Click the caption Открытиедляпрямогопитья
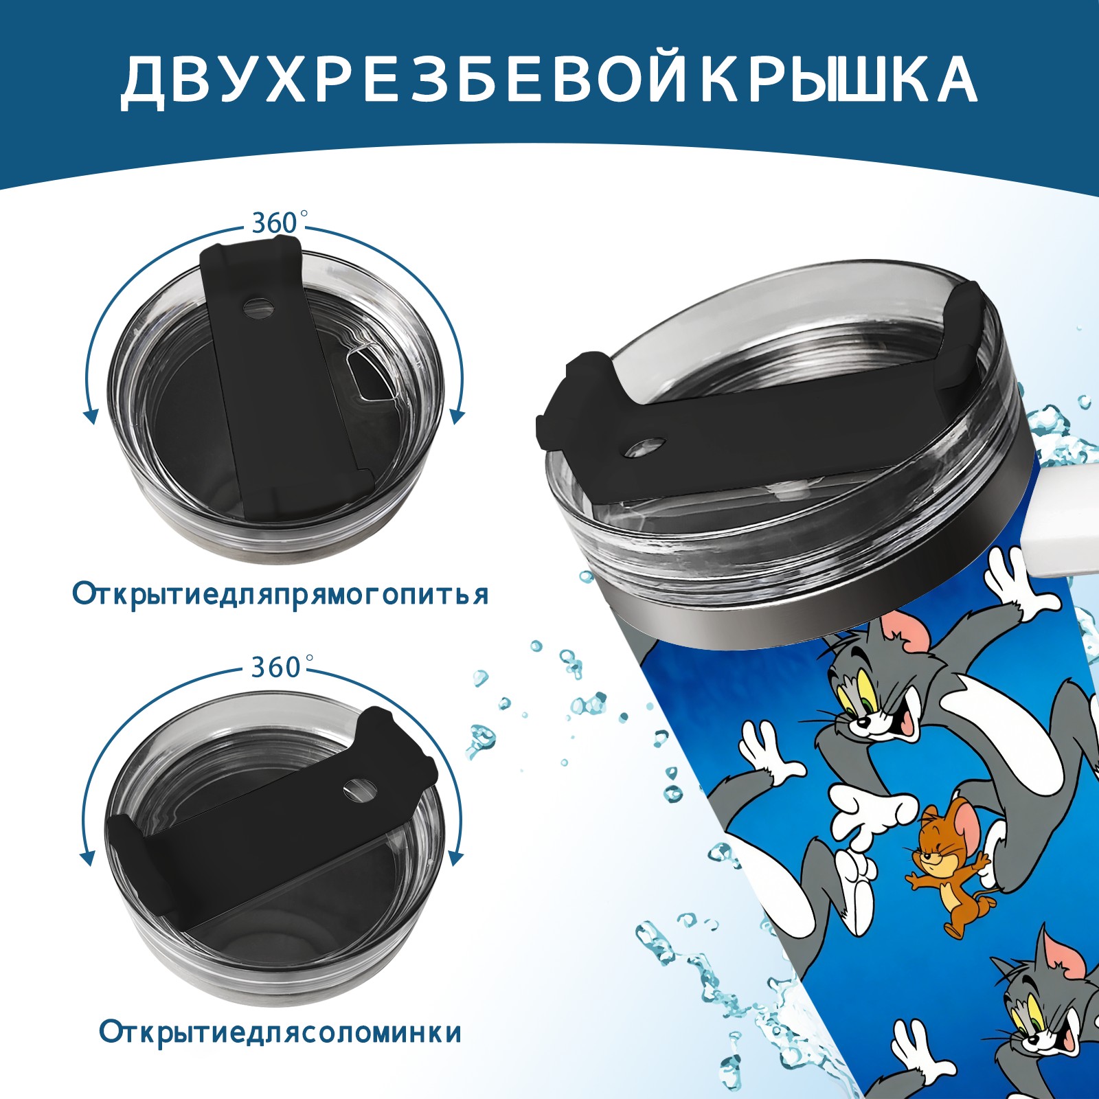pyautogui.click(x=280, y=594)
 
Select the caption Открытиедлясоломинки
pyautogui.click(x=280, y=1052)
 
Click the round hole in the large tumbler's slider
pyautogui.click(x=646, y=446)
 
